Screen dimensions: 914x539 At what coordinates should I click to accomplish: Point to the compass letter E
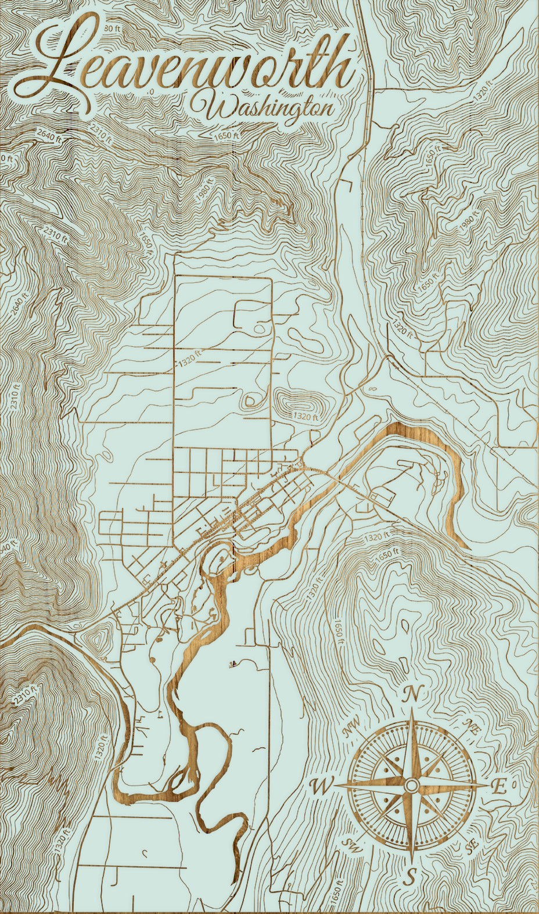(x=498, y=787)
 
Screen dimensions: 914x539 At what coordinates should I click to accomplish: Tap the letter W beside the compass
(x=319, y=787)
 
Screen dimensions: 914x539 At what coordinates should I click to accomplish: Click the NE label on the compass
(x=470, y=726)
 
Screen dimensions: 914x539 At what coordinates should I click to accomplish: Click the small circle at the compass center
(x=412, y=786)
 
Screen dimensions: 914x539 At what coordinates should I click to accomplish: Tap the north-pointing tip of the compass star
(x=412, y=710)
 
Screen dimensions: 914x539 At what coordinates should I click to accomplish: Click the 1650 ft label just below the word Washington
(x=226, y=134)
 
